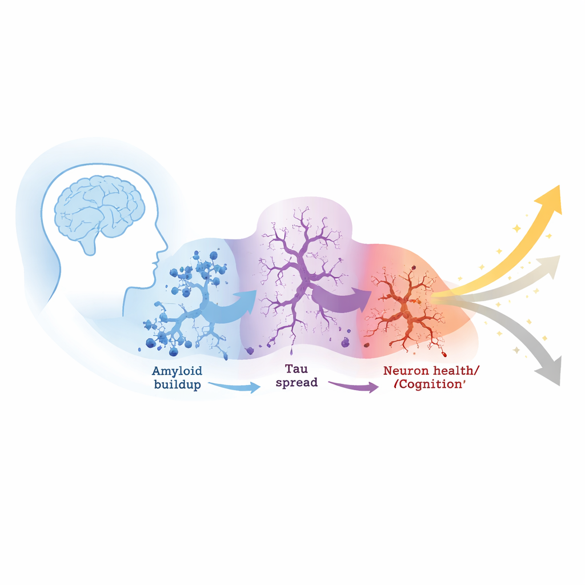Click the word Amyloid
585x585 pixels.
tap(177, 371)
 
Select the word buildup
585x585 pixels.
tap(178, 384)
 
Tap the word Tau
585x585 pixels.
tap(296, 369)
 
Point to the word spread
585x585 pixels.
tap(296, 383)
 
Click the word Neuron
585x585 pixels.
tap(406, 371)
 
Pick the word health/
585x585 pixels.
tap(455, 370)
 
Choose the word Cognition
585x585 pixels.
tap(430, 384)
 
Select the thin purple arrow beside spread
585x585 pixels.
tap(354, 387)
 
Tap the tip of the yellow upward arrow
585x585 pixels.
tap(559, 186)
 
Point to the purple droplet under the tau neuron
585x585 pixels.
tap(291, 352)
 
